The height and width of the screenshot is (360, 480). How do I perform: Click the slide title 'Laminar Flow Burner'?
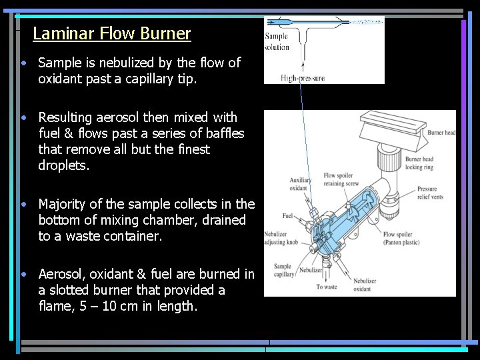(x=111, y=33)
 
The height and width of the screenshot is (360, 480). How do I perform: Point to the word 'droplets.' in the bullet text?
(x=64, y=165)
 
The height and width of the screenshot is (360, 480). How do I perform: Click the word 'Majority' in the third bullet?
(x=63, y=204)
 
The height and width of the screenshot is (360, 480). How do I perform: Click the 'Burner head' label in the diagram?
(x=441, y=133)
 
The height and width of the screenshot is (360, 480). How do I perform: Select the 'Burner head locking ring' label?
(x=419, y=163)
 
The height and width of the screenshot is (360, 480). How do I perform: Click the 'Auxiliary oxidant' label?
(x=300, y=184)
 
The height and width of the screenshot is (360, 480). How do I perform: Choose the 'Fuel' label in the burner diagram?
(x=287, y=215)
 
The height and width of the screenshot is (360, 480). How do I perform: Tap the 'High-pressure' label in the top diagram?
(x=303, y=78)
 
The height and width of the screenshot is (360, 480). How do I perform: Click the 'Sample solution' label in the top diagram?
(x=277, y=42)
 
